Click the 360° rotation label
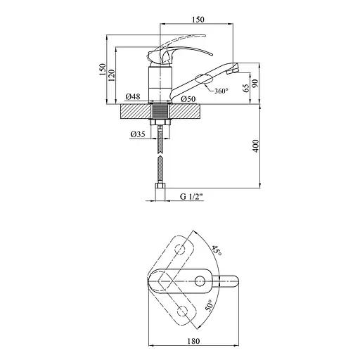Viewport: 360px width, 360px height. tap(221, 91)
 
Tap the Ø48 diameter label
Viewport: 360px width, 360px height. tap(133, 96)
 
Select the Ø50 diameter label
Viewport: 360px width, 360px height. tap(188, 99)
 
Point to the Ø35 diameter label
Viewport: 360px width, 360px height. tap(138, 134)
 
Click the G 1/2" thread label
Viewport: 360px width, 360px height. tap(191, 197)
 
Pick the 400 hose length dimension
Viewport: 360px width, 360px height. tap(256, 146)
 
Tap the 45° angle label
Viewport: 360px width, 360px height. tap(217, 250)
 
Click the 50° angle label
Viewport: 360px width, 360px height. tap(209, 305)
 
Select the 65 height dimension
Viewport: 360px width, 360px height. tap(246, 88)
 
